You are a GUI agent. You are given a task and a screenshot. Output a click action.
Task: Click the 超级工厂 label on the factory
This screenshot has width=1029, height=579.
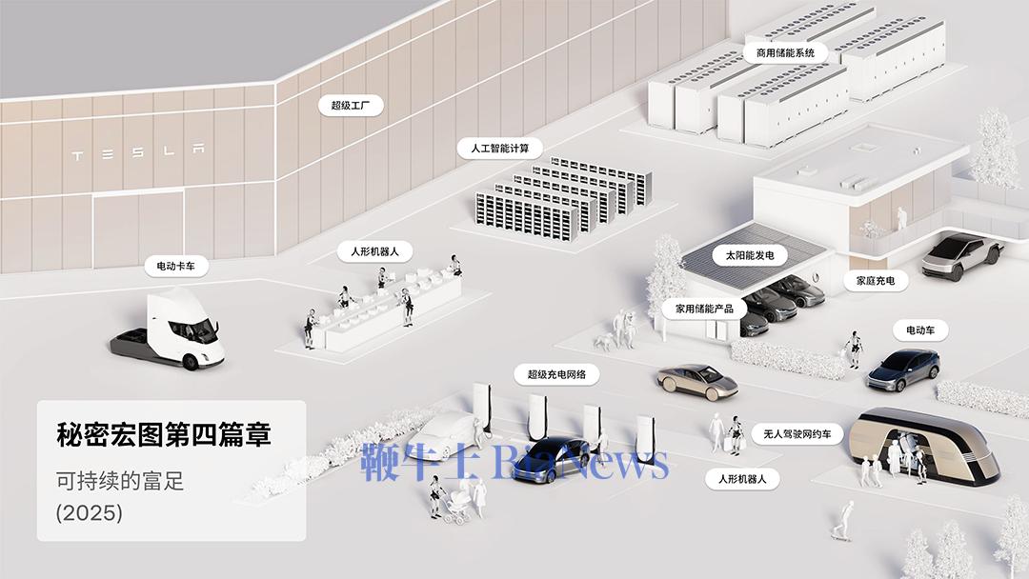pyautogui.click(x=351, y=105)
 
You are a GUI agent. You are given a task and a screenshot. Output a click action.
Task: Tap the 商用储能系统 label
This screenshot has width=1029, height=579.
pyautogui.click(x=785, y=52)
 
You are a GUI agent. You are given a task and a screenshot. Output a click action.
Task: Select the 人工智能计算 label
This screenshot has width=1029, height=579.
pyautogui.click(x=500, y=149)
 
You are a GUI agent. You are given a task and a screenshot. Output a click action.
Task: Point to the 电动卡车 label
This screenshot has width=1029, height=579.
pyautogui.click(x=176, y=266)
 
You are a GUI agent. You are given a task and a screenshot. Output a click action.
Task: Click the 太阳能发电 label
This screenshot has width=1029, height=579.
pyautogui.click(x=750, y=255)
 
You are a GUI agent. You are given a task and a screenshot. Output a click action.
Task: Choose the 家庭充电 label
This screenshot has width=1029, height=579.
pyautogui.click(x=876, y=281)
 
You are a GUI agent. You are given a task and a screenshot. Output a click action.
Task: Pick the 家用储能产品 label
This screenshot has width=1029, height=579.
pyautogui.click(x=705, y=309)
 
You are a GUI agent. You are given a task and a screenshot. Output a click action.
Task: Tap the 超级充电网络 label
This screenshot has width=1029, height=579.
pyautogui.click(x=557, y=374)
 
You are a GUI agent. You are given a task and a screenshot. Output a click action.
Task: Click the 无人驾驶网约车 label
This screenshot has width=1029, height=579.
pyautogui.click(x=797, y=433)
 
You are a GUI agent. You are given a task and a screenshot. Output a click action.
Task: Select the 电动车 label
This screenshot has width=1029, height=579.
pyautogui.click(x=920, y=330)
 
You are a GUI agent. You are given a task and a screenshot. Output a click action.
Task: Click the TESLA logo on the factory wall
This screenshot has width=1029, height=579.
pyautogui.click(x=138, y=152)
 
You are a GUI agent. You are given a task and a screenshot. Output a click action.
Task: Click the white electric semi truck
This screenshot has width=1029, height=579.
pyautogui.click(x=168, y=331)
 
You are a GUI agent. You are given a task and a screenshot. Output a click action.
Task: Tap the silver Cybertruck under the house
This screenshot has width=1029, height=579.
pyautogui.click(x=961, y=256)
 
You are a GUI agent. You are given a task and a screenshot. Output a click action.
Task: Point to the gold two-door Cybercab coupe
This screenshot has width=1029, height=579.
pyautogui.click(x=697, y=380)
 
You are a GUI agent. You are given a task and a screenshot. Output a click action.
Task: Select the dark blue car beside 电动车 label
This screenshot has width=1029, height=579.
pyautogui.click(x=903, y=369)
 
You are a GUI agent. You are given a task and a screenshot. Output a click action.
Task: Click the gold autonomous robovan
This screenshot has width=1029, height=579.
pyautogui.click(x=924, y=445)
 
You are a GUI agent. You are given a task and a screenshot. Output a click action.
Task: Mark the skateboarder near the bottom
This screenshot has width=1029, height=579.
pyautogui.click(x=842, y=521)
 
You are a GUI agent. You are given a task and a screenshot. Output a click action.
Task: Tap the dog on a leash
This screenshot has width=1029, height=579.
pyautogui.click(x=602, y=341)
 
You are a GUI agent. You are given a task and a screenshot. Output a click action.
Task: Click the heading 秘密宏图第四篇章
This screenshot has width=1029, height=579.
pyautogui.click(x=164, y=434)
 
